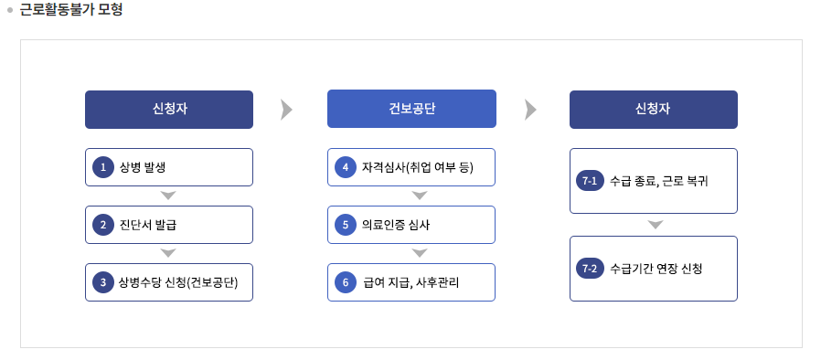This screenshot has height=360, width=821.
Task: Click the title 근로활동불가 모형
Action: tap(71, 11)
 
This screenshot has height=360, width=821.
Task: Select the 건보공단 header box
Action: tap(411, 109)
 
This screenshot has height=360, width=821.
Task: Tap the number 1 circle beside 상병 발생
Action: tap(104, 167)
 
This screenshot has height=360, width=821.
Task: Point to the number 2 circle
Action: tap(104, 225)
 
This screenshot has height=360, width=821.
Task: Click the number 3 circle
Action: tap(104, 282)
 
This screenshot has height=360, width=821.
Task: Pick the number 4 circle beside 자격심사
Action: tap(346, 167)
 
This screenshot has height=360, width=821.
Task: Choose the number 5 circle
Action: tap(346, 225)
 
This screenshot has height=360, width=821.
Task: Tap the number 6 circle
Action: tap(346, 282)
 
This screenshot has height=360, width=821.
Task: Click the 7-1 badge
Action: tap(590, 181)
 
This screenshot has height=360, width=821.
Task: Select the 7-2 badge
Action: tap(590, 269)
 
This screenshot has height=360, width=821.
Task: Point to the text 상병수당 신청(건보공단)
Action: tap(178, 282)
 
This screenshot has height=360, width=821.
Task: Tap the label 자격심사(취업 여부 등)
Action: tap(417, 167)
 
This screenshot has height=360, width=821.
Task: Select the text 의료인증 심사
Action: tap(396, 225)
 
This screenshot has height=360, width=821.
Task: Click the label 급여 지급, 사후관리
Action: tap(410, 282)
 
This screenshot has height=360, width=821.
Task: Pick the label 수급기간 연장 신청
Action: tap(656, 269)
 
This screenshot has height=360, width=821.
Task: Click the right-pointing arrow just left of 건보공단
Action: tap(287, 110)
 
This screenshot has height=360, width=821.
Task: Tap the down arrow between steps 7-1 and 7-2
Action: tap(655, 225)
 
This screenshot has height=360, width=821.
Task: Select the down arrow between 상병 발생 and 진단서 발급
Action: tap(168, 196)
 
